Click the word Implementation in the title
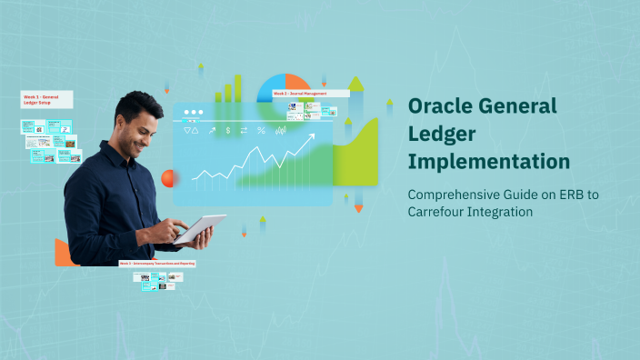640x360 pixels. coord(489,162)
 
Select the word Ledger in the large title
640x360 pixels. coord(440,134)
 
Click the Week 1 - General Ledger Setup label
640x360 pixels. coord(47,100)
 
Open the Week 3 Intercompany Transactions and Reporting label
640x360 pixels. coord(156,263)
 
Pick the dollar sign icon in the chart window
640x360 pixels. coord(228,131)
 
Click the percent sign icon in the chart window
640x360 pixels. coord(261,131)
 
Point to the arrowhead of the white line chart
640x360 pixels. coord(312,137)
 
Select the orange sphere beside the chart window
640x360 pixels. coord(167,178)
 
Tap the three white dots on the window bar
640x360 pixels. coord(193,114)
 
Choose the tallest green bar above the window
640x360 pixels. coord(238,88)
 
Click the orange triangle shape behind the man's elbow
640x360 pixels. coord(63,254)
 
